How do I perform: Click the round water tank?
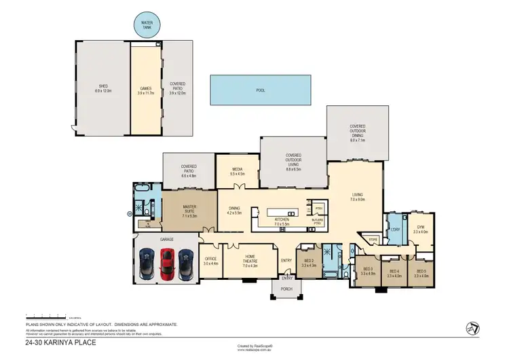tap(147, 25)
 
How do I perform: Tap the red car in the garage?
tap(167, 263)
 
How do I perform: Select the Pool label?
tap(260, 90)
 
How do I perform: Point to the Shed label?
tap(103, 88)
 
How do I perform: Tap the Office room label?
tap(211, 260)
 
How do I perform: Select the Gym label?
tap(421, 230)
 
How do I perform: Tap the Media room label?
tap(237, 171)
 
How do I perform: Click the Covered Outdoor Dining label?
tap(358, 130)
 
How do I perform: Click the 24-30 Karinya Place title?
tap(60, 343)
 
